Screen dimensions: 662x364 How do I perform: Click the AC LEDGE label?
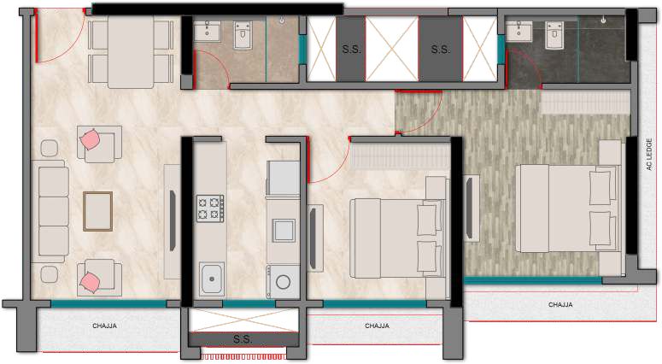(649, 155)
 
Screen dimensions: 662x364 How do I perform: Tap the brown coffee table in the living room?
(98, 211)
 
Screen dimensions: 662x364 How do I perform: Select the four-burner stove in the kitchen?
(210, 208)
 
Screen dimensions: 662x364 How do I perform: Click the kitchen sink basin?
(212, 279)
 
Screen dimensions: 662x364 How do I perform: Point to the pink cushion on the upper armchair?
(90, 139)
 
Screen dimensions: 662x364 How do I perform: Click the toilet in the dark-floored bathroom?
(554, 35)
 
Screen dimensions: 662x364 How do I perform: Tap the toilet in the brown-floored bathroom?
(243, 35)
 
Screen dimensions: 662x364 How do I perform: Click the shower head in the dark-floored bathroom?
(604, 20)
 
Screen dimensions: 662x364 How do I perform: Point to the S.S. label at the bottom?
(243, 339)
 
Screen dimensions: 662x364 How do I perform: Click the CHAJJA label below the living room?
(105, 326)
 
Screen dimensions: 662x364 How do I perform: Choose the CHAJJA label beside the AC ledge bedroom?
(560, 304)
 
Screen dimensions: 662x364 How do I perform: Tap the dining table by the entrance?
(131, 52)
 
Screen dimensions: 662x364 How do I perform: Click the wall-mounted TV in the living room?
(173, 220)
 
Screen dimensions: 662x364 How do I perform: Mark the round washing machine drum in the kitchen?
(283, 281)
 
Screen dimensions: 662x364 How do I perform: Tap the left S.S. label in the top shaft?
(351, 50)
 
